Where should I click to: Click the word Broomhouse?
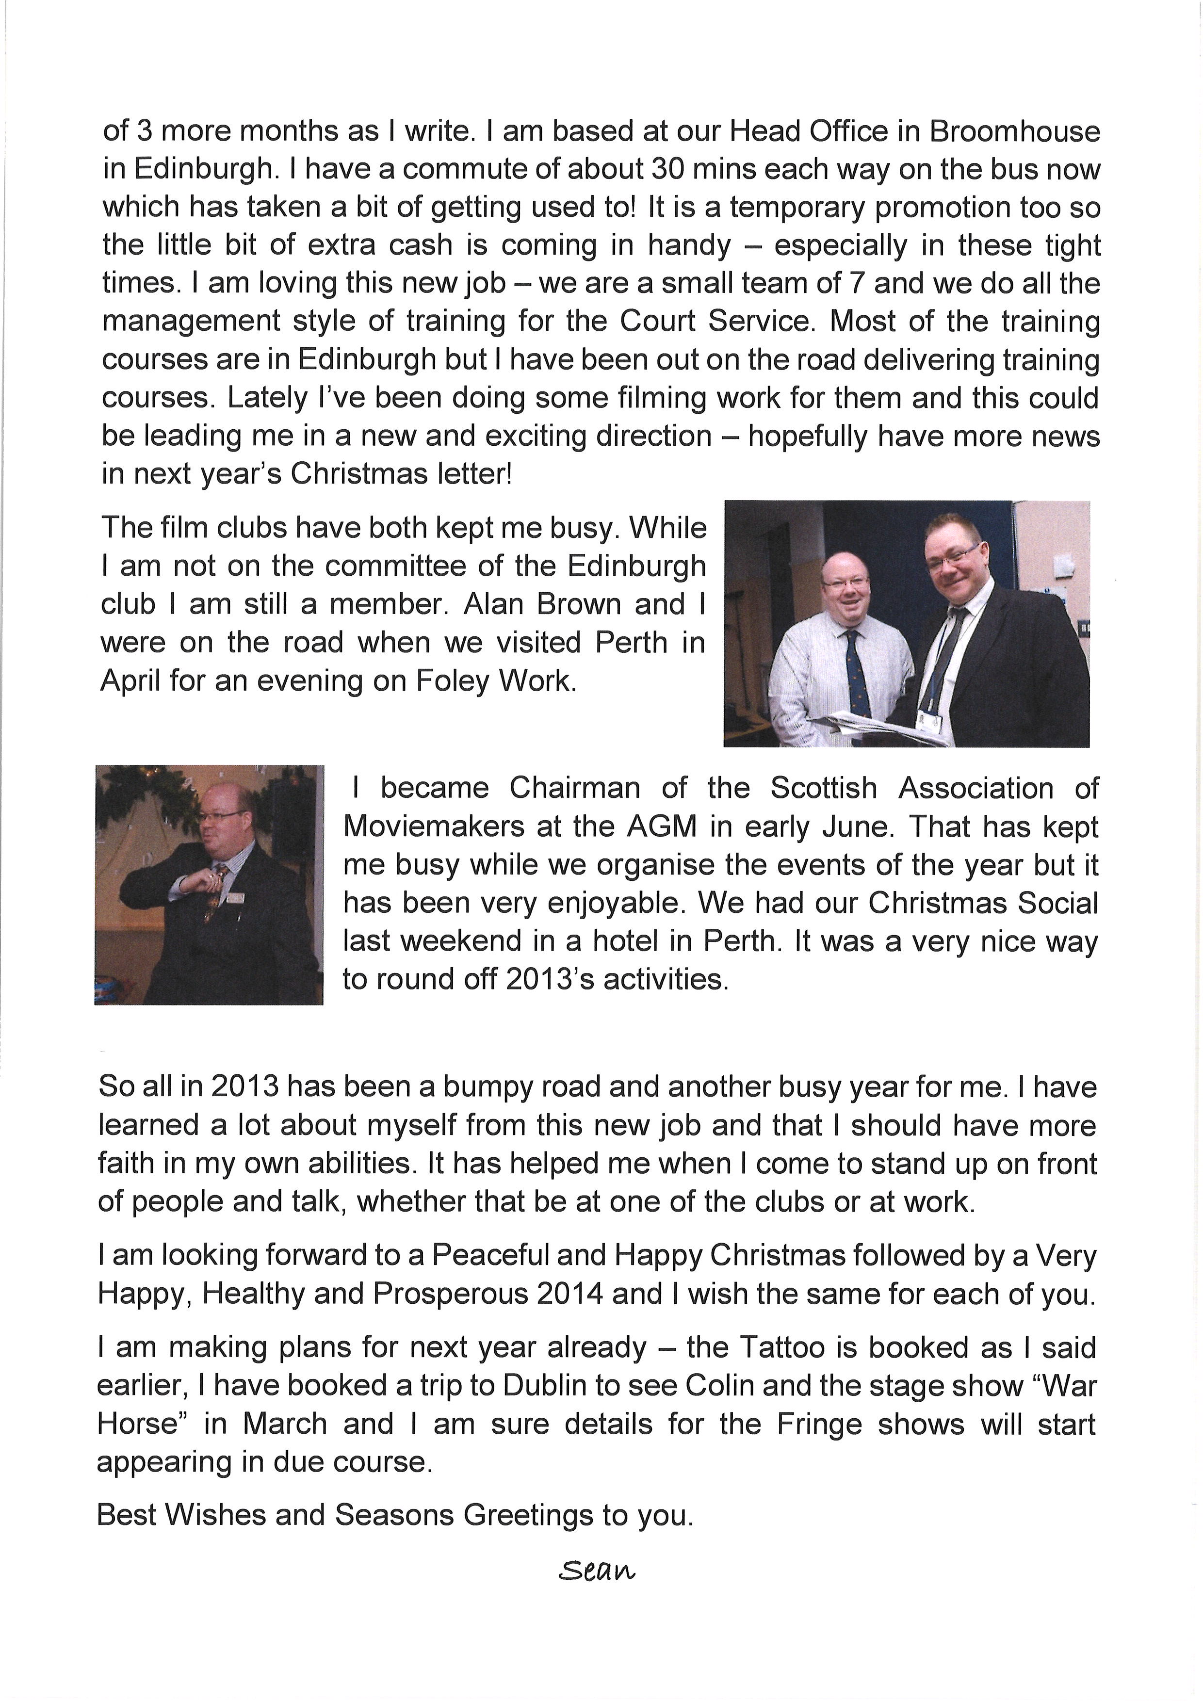(1014, 132)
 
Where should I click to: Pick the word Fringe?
(819, 1424)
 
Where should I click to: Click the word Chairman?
(574, 788)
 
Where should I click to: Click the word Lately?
(267, 398)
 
